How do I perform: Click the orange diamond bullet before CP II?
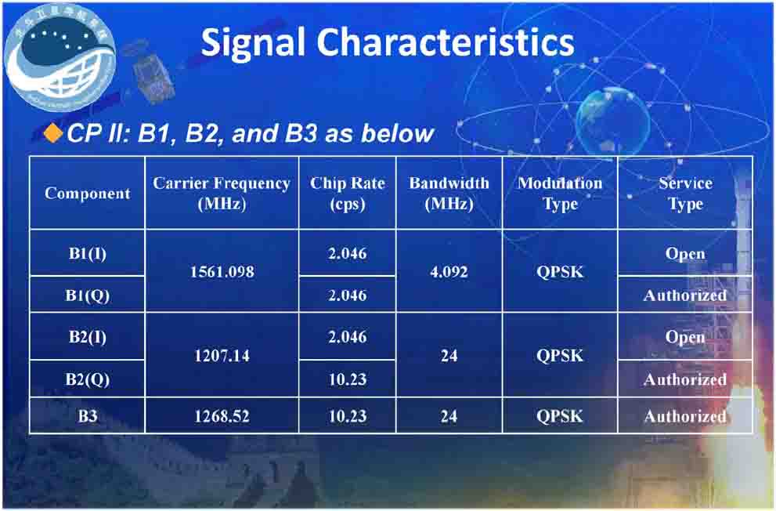click(52, 132)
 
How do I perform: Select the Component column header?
click(87, 193)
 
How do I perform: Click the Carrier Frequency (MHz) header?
click(222, 193)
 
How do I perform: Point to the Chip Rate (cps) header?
click(347, 193)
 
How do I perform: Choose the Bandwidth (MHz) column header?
click(449, 193)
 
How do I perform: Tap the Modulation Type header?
click(560, 193)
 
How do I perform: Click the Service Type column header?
click(685, 193)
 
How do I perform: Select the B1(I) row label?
click(87, 253)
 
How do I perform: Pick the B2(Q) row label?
click(87, 379)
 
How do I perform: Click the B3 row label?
click(87, 416)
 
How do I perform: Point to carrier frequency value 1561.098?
click(222, 273)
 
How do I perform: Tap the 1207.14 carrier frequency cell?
click(222, 356)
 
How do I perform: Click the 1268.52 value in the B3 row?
click(222, 416)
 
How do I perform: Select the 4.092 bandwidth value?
click(449, 273)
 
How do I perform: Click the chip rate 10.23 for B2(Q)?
click(347, 379)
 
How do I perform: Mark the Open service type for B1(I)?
click(685, 254)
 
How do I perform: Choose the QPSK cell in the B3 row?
click(560, 416)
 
